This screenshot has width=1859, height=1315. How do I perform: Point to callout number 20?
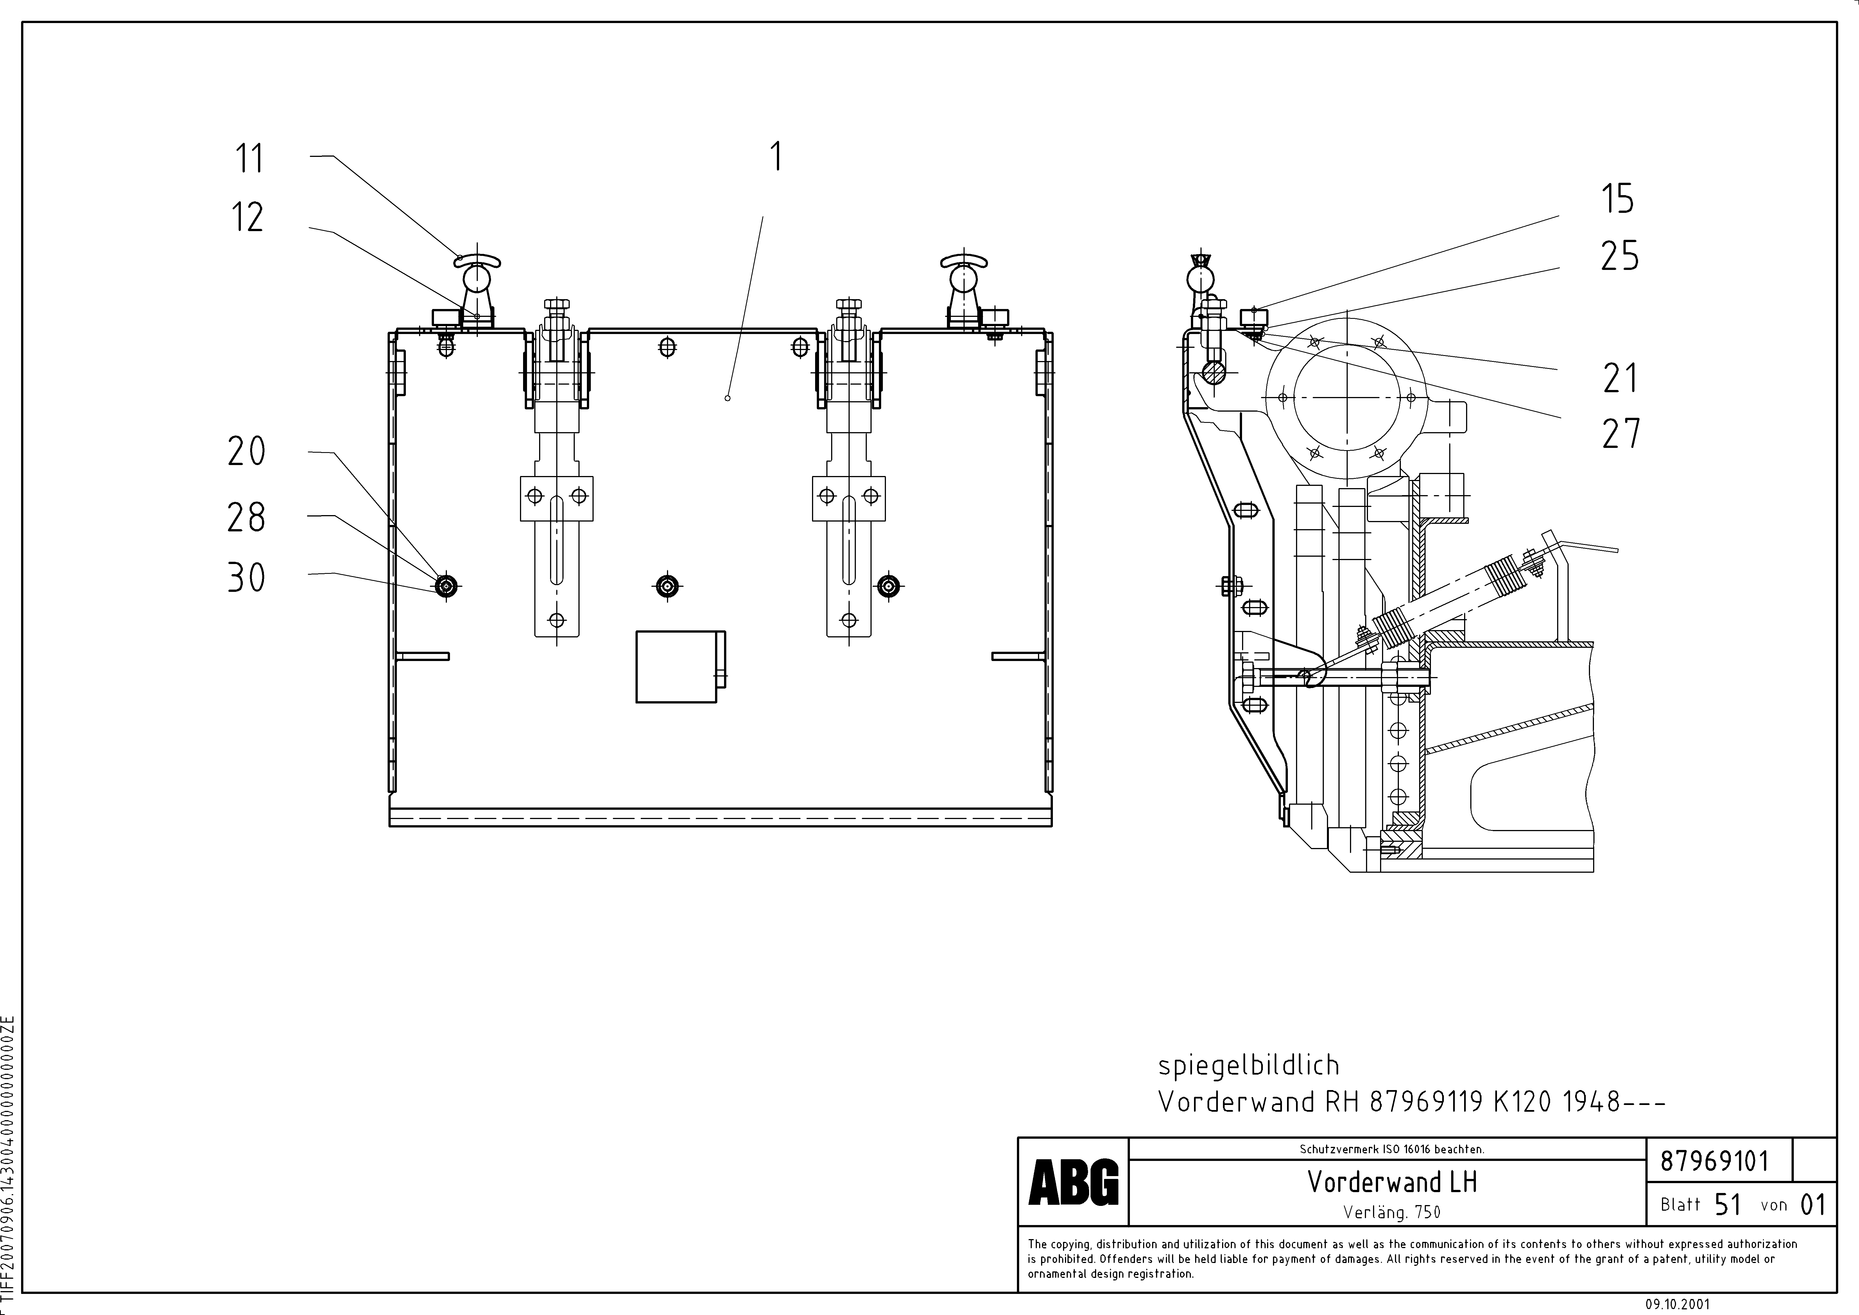coord(246,451)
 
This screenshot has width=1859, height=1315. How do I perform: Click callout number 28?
coord(246,517)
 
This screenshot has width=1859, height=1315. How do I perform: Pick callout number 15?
coord(1618,199)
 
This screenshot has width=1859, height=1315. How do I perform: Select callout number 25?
coord(1619,256)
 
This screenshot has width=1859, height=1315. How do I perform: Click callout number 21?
coord(1620,378)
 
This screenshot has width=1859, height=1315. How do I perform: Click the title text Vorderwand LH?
coord(1392,1182)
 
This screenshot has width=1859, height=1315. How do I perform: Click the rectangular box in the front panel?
coord(677,666)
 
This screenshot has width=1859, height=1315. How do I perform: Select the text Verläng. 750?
coord(1392,1212)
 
